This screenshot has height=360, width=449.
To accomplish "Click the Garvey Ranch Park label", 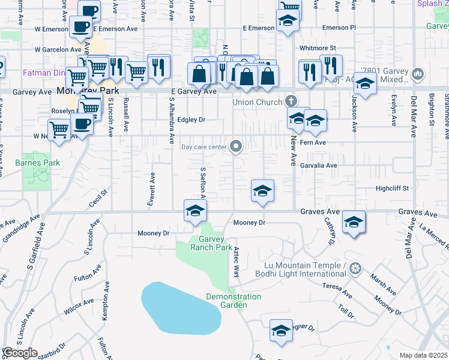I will (x=211, y=243).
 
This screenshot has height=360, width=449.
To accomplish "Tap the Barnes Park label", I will (x=38, y=163).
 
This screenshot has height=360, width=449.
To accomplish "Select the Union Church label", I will (x=258, y=102).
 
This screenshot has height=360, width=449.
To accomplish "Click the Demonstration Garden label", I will (x=234, y=301).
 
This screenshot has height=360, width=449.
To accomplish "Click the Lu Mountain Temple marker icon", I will (x=356, y=267).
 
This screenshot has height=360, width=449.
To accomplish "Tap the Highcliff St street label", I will (x=391, y=188).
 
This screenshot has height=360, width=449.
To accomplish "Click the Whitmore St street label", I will (x=318, y=47).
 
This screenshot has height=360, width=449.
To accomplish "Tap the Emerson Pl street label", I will (x=339, y=28).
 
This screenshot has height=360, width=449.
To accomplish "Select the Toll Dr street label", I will (x=346, y=311).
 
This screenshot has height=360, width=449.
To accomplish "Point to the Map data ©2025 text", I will (x=424, y=355).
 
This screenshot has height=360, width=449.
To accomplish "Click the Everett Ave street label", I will (x=152, y=190).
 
